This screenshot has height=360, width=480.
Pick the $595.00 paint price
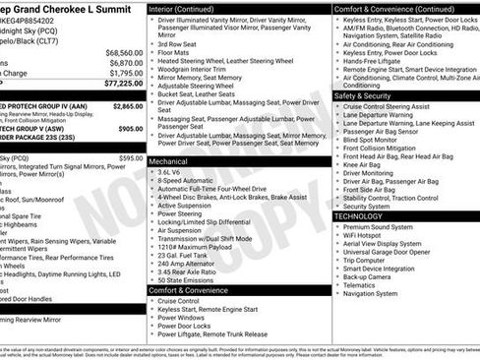tap(130, 158)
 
